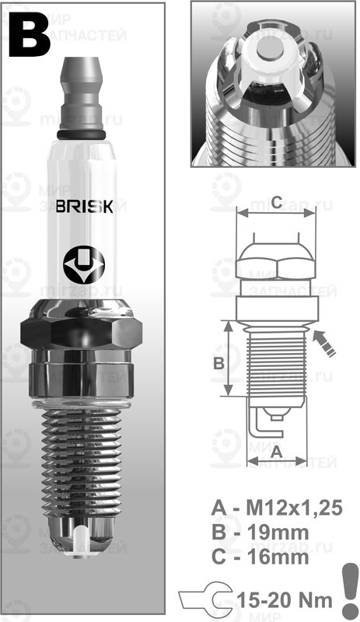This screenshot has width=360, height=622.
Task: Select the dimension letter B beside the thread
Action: click(218, 363)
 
